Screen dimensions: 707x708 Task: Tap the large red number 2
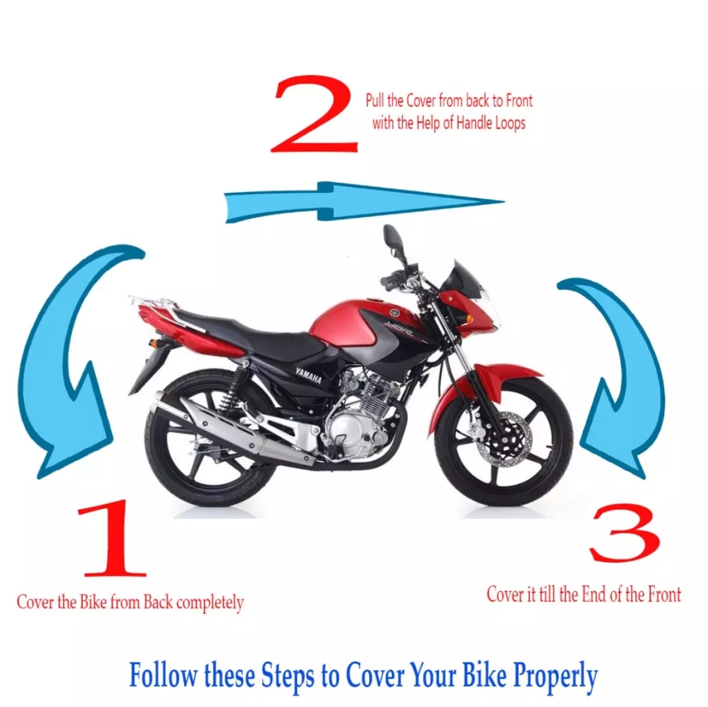[x=315, y=115]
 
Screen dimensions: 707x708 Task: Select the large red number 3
[x=623, y=533]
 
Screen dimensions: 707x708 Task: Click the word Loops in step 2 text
[x=505, y=123]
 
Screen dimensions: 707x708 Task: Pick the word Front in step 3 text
[x=663, y=594]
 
